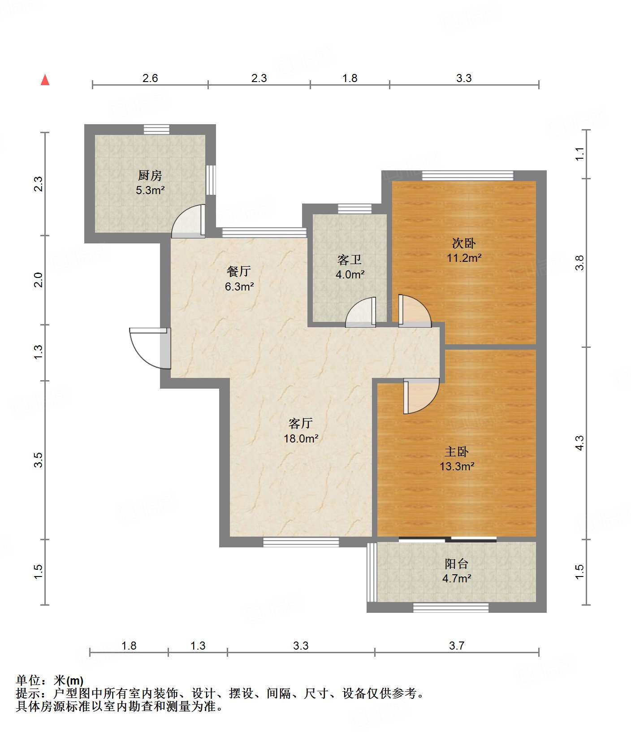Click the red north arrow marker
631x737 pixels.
coord(45,80)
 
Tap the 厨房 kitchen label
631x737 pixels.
coord(150,175)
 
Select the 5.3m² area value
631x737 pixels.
coord(150,190)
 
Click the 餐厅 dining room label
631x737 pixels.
coord(239,271)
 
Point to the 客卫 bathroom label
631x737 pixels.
coord(350,260)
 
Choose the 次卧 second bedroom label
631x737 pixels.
coord(464,243)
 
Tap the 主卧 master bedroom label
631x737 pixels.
coord(457,451)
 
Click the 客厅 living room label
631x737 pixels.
coord(301,423)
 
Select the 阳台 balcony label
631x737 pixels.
coord(457,564)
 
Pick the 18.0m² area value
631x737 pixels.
coord(301,438)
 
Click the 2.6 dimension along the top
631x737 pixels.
coord(150,78)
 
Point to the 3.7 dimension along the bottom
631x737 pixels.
coord(457,646)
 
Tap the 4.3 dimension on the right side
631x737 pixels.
coord(579,443)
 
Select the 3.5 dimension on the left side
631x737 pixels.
coord(39,460)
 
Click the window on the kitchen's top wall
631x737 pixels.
coord(156,129)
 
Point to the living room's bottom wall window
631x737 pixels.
coord(301,542)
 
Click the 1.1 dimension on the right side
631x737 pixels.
coord(579,154)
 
